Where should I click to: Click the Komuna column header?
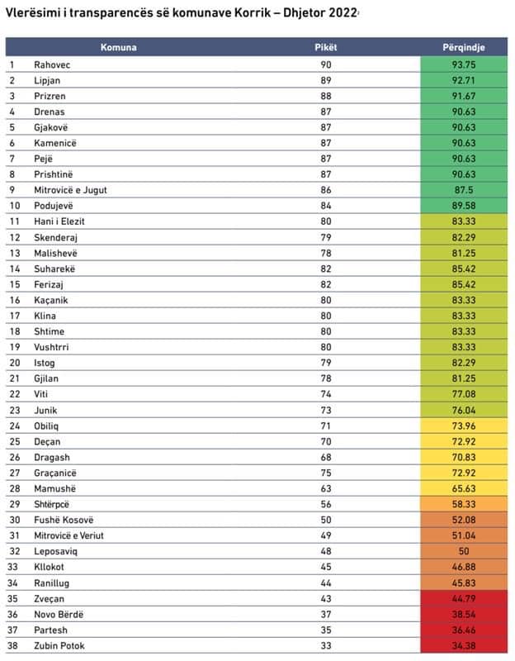[119, 47]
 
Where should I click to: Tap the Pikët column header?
[326, 47]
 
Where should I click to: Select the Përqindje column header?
[464, 47]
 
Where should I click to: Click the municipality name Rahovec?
[51, 64]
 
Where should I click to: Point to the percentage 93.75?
[464, 64]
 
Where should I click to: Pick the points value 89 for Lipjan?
[327, 80]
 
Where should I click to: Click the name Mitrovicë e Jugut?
[71, 190]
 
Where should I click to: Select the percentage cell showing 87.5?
[464, 190]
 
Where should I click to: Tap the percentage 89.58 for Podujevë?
[464, 206]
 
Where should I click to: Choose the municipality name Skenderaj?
[57, 237]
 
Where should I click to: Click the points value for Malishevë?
[327, 253]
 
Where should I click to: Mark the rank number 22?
[14, 394]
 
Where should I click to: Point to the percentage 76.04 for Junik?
[464, 410]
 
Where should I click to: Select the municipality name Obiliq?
[47, 426]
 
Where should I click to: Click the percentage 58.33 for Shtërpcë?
[464, 504]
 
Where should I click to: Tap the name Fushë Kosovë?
[64, 520]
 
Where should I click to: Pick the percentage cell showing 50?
[464, 551]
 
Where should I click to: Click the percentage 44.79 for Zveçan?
[464, 598]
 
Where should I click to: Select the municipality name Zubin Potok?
[59, 645]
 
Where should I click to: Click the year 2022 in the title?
[341, 12]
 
